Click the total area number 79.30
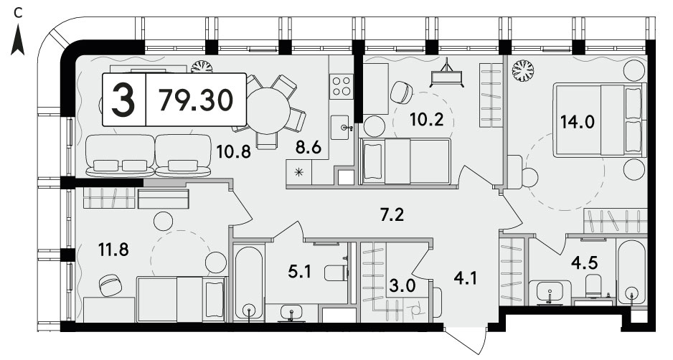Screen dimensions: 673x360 [x=196, y=100]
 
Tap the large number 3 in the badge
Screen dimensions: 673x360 [x=123, y=100]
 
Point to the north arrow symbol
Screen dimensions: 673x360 [x=18, y=39]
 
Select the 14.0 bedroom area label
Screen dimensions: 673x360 [x=578, y=123]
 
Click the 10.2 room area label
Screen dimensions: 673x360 [x=426, y=120]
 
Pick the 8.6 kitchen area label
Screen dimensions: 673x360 [x=309, y=148]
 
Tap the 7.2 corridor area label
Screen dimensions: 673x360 [x=392, y=214]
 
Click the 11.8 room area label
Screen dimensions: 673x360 [x=114, y=250]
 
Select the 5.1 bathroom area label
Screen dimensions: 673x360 [x=299, y=272]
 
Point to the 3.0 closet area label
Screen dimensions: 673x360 [x=403, y=286]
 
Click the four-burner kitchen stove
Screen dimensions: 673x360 [x=342, y=86]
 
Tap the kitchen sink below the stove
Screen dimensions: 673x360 [x=342, y=127]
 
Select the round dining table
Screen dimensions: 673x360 [x=268, y=110]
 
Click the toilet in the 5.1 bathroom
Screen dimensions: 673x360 [x=336, y=273]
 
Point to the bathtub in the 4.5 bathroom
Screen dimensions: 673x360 [x=631, y=272]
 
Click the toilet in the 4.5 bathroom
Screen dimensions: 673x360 [x=595, y=285]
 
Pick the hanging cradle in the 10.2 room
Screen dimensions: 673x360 [x=447, y=74]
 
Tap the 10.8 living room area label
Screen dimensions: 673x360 [x=233, y=151]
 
